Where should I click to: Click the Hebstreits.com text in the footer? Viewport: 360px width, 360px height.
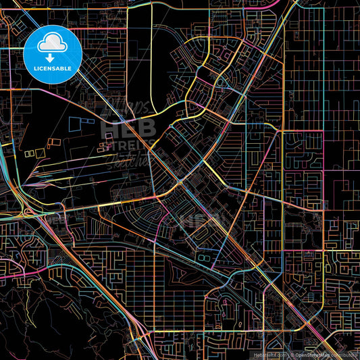pos(270,354)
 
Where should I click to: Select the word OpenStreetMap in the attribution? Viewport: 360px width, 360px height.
pos(311,354)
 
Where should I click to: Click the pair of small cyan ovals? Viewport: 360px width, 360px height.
pos(203,257)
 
